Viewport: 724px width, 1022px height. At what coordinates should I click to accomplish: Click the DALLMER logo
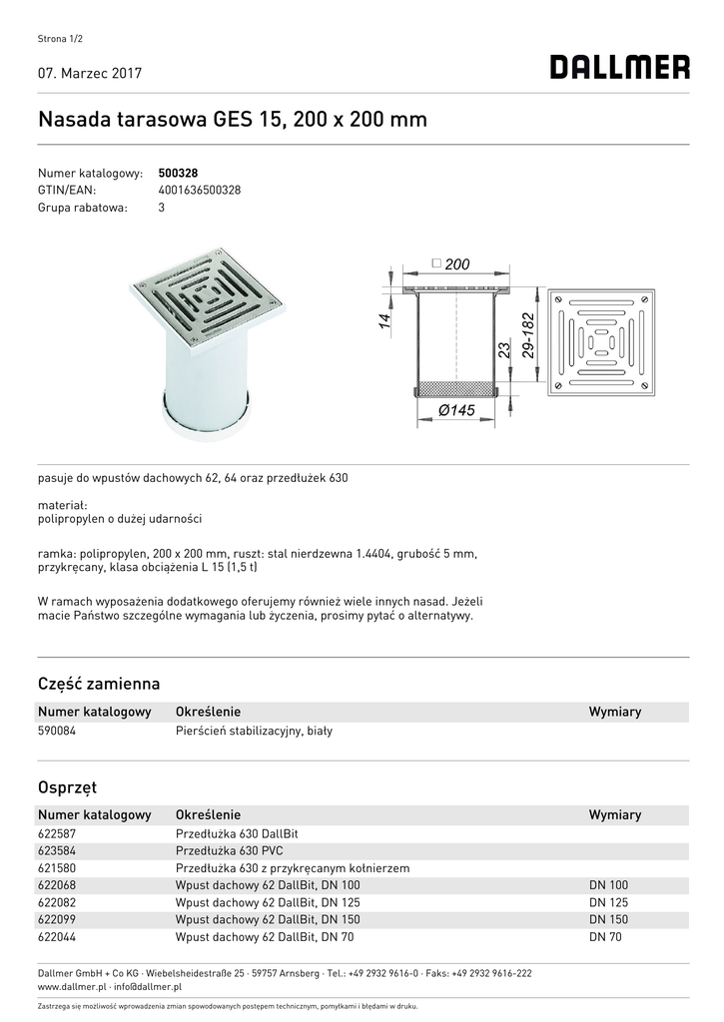pos(619,68)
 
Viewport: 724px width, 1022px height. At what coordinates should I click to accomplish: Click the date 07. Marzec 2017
pos(90,74)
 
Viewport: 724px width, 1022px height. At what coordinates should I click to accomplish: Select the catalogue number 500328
pos(178,173)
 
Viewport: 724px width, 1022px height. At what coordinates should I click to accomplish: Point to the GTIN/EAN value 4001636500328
pos(200,191)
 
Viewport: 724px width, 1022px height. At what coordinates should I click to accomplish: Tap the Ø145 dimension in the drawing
pos(455,411)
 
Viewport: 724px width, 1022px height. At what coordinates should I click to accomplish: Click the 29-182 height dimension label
pos(528,335)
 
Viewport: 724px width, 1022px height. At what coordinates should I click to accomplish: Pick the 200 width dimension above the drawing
pos(456,264)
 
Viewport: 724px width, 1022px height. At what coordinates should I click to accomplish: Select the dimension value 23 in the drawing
pos(504,350)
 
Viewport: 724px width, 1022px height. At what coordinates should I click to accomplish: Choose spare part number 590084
pos(57,731)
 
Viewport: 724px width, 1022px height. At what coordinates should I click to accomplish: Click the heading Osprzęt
pos(67,787)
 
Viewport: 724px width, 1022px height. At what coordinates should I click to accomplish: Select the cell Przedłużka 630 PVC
pos(229,851)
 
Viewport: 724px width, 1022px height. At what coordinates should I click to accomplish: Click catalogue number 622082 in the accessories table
pos(57,902)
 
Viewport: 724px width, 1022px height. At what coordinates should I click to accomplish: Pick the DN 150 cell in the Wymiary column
pos(608,919)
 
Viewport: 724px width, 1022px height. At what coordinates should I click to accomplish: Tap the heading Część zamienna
pos(99,684)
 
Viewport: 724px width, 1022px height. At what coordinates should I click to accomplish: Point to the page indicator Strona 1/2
pos(59,39)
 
